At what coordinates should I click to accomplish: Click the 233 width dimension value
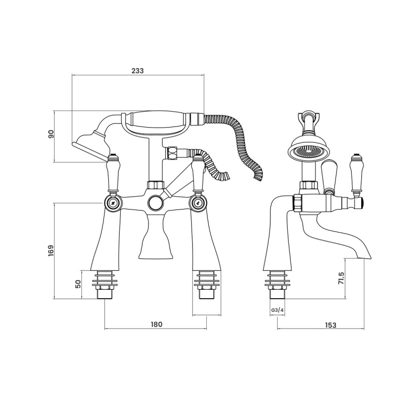point(138,70)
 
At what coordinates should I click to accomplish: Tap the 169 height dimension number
point(51,251)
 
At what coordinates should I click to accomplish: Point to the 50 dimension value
point(78,284)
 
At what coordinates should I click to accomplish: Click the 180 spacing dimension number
point(156,324)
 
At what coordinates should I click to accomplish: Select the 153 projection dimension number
point(330,325)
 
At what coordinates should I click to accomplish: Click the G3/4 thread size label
point(277,310)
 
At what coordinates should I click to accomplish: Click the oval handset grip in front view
point(157,120)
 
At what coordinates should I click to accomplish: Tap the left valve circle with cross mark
point(112,202)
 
